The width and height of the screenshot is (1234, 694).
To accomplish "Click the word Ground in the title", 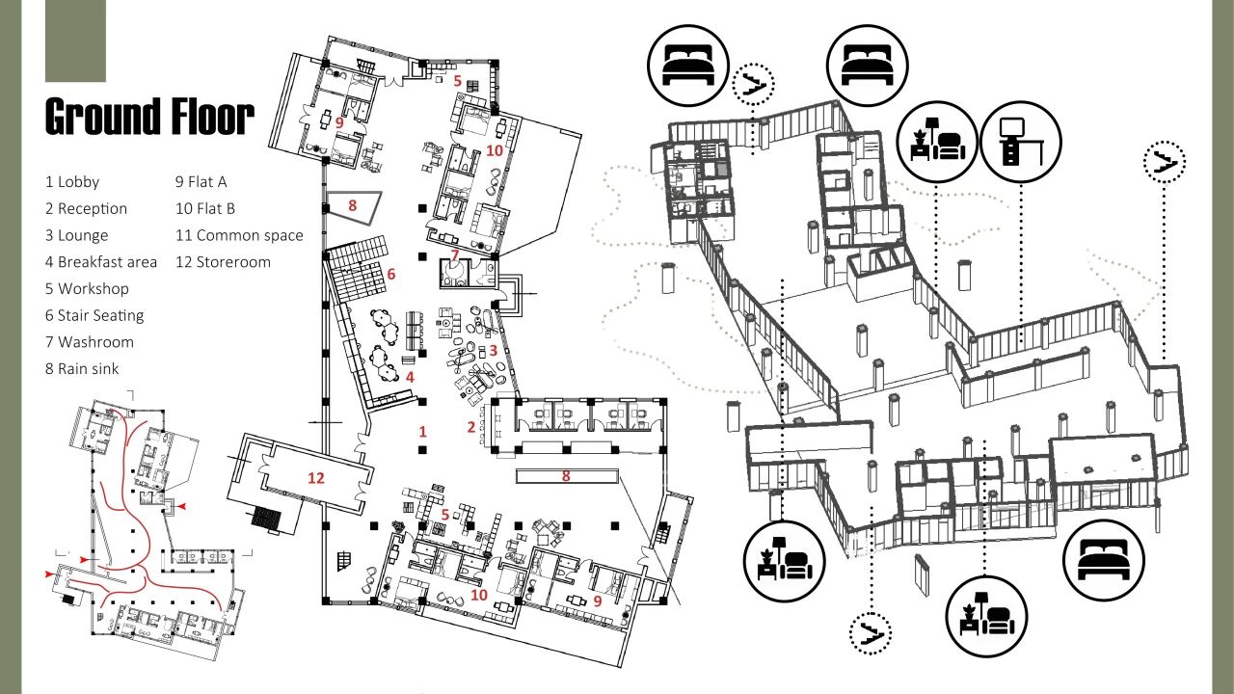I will (x=102, y=117).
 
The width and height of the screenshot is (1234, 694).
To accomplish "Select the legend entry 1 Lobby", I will (x=72, y=181).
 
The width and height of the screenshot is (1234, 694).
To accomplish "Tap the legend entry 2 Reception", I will (x=86, y=208).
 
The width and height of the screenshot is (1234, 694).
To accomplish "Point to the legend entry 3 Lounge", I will (x=76, y=235).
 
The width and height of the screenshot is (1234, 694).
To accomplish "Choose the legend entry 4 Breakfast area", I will (x=100, y=262).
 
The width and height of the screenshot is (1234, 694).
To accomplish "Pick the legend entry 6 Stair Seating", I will (x=94, y=315).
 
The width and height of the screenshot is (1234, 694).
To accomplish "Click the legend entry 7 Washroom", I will (x=89, y=342).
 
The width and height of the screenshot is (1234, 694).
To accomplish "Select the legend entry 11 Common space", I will (x=239, y=235).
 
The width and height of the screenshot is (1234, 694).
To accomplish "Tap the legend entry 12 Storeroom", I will (x=223, y=262).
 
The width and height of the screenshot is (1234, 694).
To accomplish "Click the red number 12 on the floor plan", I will (x=316, y=477).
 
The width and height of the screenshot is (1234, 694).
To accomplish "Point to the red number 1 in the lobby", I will (x=422, y=431).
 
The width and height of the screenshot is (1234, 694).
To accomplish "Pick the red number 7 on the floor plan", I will (x=455, y=255).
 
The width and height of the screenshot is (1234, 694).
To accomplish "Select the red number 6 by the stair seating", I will (x=391, y=274).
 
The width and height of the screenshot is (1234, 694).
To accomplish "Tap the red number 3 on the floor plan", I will (x=493, y=351).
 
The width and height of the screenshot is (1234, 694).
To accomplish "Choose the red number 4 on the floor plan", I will (x=410, y=377).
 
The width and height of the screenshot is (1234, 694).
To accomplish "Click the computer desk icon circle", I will (x=1021, y=142).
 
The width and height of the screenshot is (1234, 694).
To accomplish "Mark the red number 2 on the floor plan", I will (x=471, y=427).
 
